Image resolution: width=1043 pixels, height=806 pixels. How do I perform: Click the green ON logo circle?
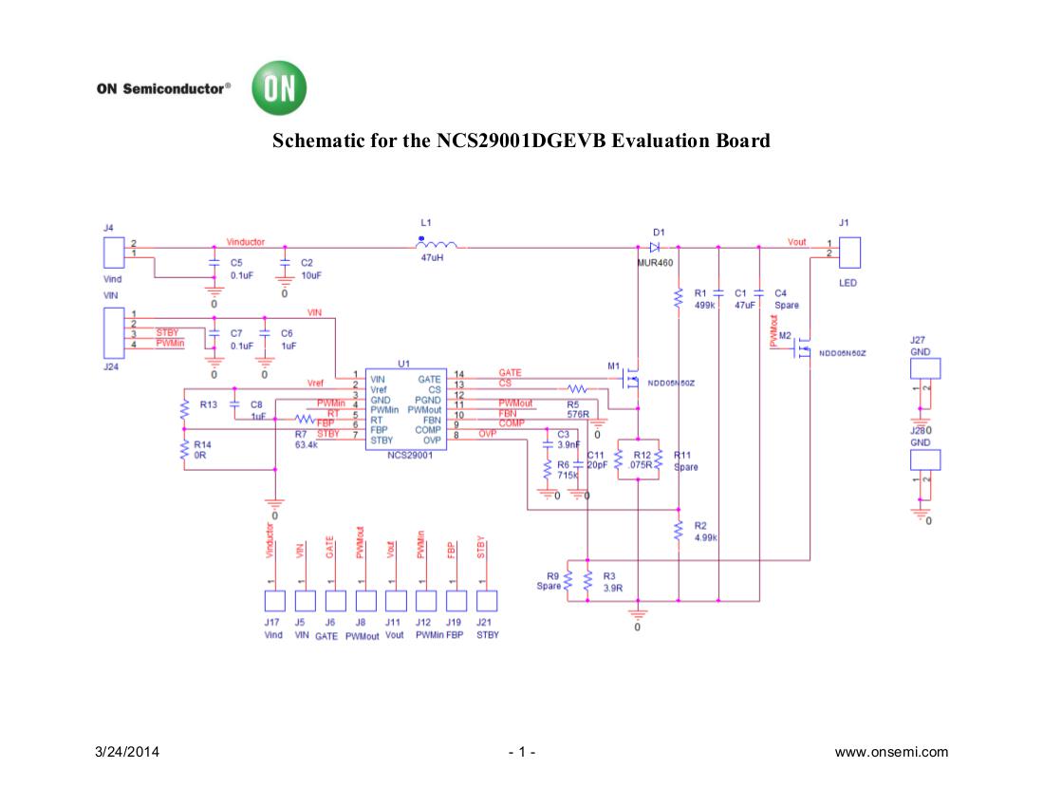(x=279, y=89)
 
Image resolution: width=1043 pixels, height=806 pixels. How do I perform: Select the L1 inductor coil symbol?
(x=436, y=245)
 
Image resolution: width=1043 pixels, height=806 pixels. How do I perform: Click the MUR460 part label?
(x=655, y=262)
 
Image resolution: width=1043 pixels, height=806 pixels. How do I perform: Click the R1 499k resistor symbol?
(x=679, y=299)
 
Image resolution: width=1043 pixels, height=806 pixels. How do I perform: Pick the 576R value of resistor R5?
(x=579, y=415)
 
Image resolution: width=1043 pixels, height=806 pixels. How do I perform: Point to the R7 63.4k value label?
(x=306, y=443)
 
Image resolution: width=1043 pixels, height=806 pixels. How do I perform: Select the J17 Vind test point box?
(x=274, y=600)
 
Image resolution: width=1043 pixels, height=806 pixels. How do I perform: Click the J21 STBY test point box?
(x=486, y=600)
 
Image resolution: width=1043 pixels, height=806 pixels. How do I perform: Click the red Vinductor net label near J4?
(x=246, y=242)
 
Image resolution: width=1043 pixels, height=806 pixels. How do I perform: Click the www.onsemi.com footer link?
(x=890, y=753)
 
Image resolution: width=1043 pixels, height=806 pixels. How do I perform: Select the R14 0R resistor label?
(x=200, y=450)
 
